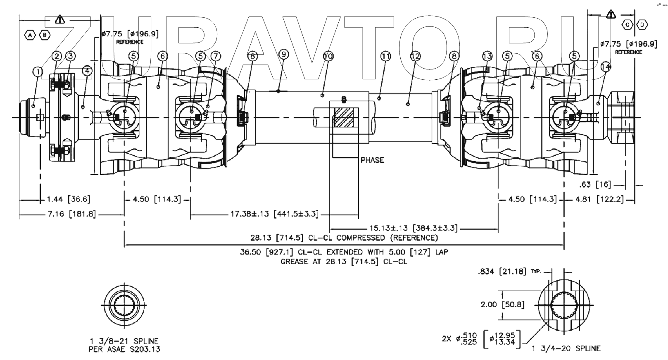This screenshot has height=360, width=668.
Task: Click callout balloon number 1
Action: (38, 72)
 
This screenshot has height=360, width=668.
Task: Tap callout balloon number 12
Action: (415, 56)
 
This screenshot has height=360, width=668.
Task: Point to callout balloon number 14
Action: (606, 66)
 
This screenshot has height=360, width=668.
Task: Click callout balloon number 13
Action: (487, 56)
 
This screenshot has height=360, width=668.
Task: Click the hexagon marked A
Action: (30, 35)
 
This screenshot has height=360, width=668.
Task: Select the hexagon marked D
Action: (642, 25)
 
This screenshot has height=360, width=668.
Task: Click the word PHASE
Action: (372, 160)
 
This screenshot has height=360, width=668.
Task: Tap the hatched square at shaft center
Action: (344, 117)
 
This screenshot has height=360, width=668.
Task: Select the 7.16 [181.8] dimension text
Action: (71, 214)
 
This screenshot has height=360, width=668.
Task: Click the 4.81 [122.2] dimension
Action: (599, 200)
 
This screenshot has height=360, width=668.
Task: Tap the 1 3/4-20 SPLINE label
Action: (566, 348)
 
